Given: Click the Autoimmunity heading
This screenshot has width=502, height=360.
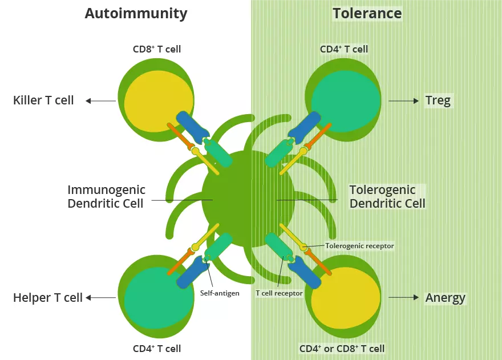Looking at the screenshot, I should [136, 13].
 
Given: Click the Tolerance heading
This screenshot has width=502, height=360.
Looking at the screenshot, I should [367, 13].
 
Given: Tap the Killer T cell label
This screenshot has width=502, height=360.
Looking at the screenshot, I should [43, 100].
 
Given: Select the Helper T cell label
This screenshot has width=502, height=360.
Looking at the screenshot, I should [48, 297].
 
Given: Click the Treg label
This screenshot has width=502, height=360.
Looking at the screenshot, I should [438, 101].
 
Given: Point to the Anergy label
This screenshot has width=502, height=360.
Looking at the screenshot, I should [445, 298].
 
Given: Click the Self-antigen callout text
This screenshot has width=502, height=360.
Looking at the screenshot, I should [220, 293].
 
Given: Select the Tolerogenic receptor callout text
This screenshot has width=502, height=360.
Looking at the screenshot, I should [359, 246].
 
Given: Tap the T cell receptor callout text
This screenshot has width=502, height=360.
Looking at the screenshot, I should [279, 293].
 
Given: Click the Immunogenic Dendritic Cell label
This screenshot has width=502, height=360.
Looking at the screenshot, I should [106, 196].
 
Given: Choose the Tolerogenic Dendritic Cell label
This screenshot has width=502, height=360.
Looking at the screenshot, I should [387, 196].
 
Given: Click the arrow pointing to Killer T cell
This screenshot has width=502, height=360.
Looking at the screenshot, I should [100, 101].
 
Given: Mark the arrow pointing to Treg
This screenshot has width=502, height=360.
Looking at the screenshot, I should [403, 101].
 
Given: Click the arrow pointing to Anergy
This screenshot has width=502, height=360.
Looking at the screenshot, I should [403, 298].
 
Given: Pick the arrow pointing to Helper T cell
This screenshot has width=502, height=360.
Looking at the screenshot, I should [100, 297].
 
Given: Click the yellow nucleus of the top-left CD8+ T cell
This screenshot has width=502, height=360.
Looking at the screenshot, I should [151, 100].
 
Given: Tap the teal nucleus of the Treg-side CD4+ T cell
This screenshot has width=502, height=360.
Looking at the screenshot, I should [346, 100].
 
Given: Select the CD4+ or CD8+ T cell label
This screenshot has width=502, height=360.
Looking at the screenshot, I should [342, 349].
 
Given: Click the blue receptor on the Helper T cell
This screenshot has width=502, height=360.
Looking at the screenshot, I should [189, 273].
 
